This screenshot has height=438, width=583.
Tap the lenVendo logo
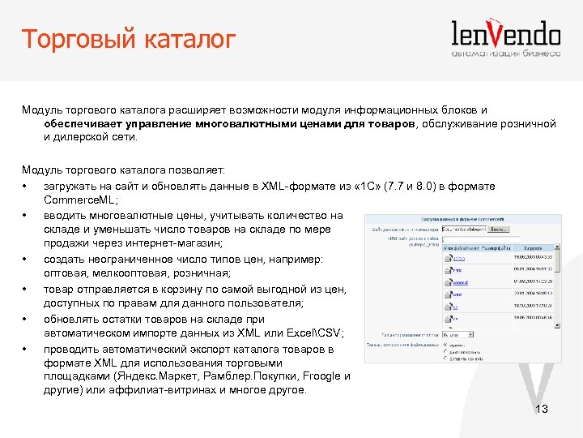pos(505,33)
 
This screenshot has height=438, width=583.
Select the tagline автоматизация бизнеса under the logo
pos(505,54)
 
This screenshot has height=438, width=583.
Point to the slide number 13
pos(542,410)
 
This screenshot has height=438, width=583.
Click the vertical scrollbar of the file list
pos(557,284)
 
